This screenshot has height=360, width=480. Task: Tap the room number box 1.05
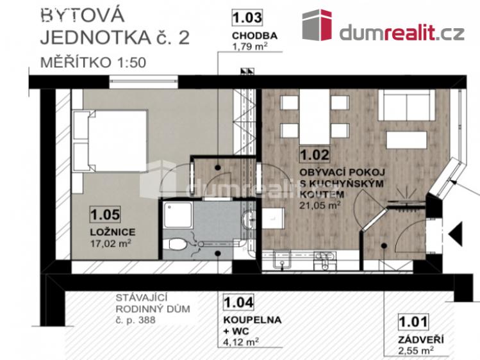(106, 213)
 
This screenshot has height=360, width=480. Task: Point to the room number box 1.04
(238, 301)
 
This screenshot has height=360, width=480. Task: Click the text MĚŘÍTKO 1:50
(84, 63)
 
